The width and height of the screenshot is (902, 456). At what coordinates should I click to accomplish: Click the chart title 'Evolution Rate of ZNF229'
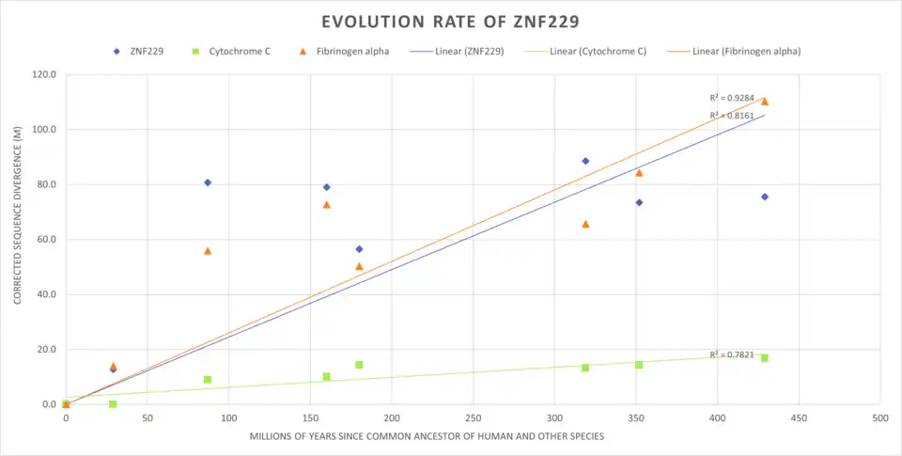450,22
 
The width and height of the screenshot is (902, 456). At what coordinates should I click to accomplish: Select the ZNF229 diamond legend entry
139,51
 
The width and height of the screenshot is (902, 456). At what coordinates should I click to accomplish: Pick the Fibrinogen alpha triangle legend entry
347,51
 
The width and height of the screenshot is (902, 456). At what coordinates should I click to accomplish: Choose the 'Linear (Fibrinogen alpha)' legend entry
738,51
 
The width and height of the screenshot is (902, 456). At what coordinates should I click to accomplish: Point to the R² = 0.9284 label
732,98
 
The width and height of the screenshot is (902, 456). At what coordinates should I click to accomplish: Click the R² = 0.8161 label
732,116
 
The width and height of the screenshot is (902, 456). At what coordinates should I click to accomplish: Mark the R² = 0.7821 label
732,354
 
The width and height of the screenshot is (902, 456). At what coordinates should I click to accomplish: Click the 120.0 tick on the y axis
43,74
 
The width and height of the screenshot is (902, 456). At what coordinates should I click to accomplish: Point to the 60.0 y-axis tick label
45,240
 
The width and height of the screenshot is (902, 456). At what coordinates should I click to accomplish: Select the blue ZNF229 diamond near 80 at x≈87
208,182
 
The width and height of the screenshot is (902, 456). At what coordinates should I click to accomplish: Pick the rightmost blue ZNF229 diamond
765,197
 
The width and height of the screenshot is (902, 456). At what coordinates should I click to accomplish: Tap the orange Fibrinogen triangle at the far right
765,102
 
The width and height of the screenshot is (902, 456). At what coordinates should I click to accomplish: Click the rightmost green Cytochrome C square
765,358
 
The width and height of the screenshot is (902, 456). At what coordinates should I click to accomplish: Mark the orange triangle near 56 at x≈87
208,251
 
